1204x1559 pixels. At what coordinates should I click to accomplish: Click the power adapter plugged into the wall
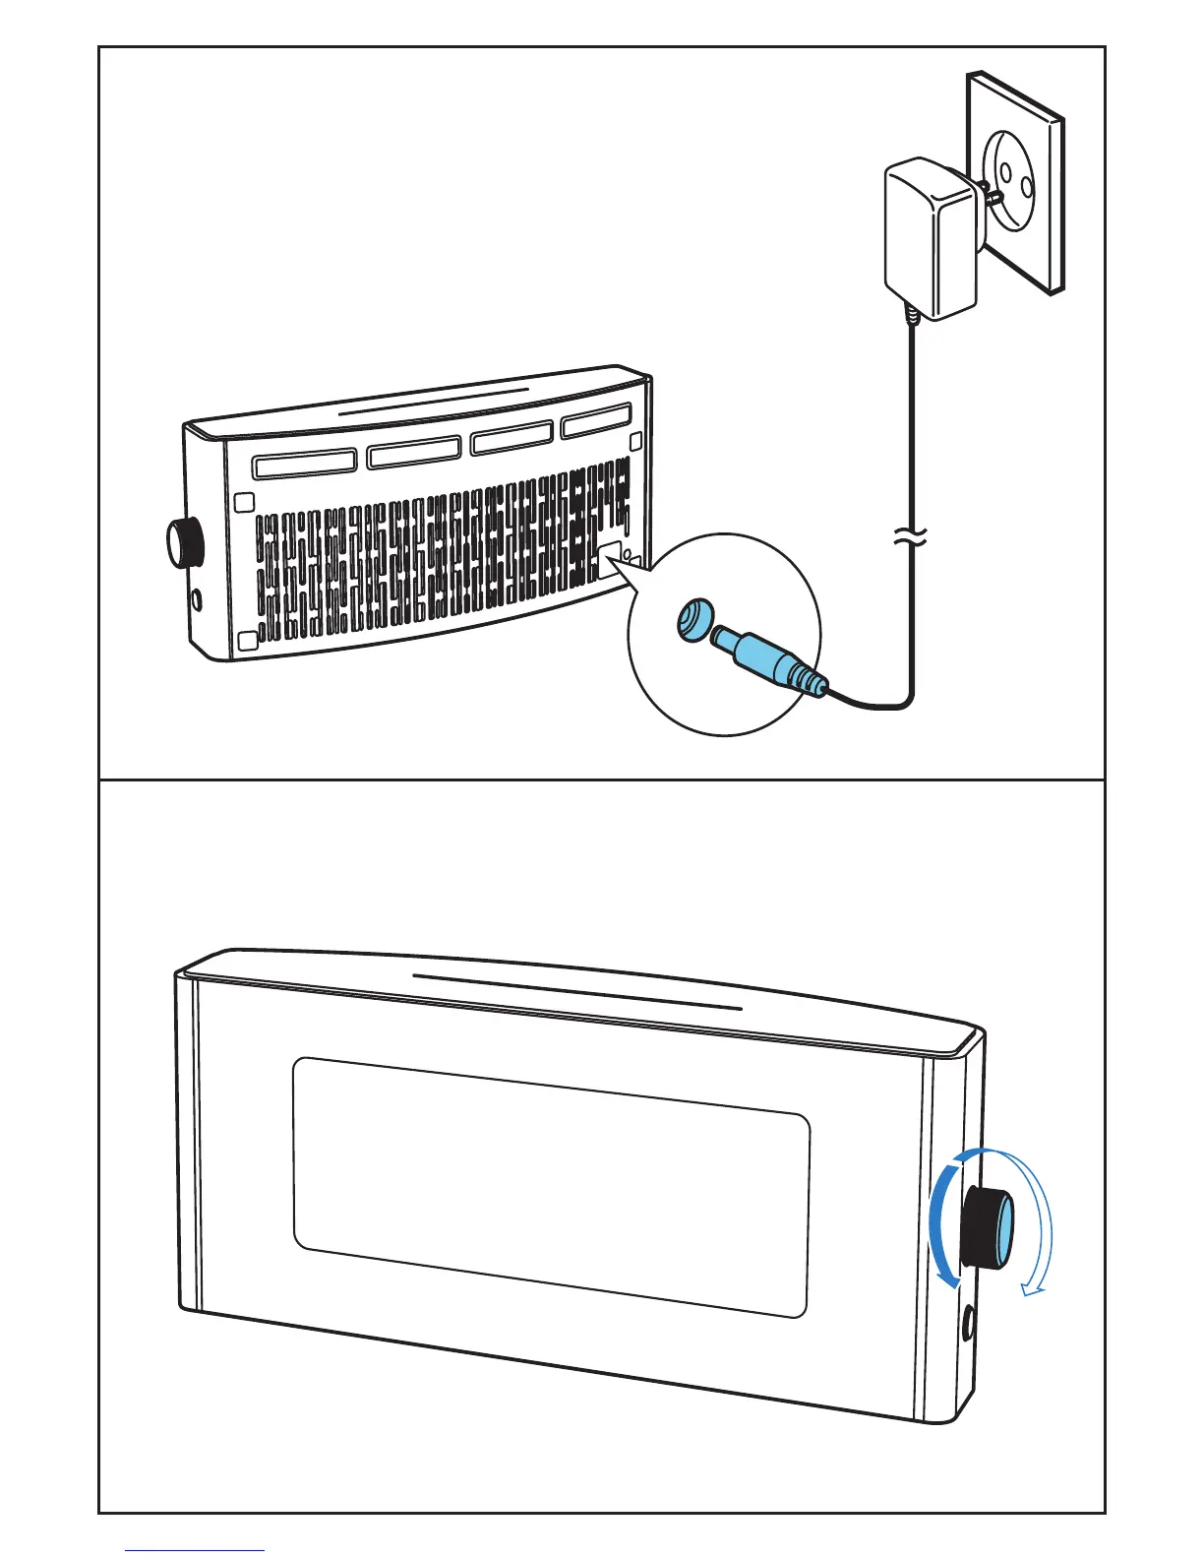929,241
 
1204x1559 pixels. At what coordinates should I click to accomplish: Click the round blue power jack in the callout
695,621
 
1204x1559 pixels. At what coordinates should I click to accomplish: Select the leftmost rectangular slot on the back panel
303,463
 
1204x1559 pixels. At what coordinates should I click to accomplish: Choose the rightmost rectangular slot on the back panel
595,421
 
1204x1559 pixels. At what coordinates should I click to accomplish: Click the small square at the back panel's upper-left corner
246,501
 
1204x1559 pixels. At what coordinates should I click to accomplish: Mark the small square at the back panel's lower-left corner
247,641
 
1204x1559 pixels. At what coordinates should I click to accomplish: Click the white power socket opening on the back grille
609,558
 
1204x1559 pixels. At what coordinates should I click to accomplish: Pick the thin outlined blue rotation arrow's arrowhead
1032,1282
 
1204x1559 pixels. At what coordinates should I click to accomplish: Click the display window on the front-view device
551,1186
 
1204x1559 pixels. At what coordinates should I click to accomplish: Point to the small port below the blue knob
969,1320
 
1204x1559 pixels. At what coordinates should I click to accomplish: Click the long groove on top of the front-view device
576,992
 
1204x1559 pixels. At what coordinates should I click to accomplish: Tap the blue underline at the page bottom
195,1550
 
